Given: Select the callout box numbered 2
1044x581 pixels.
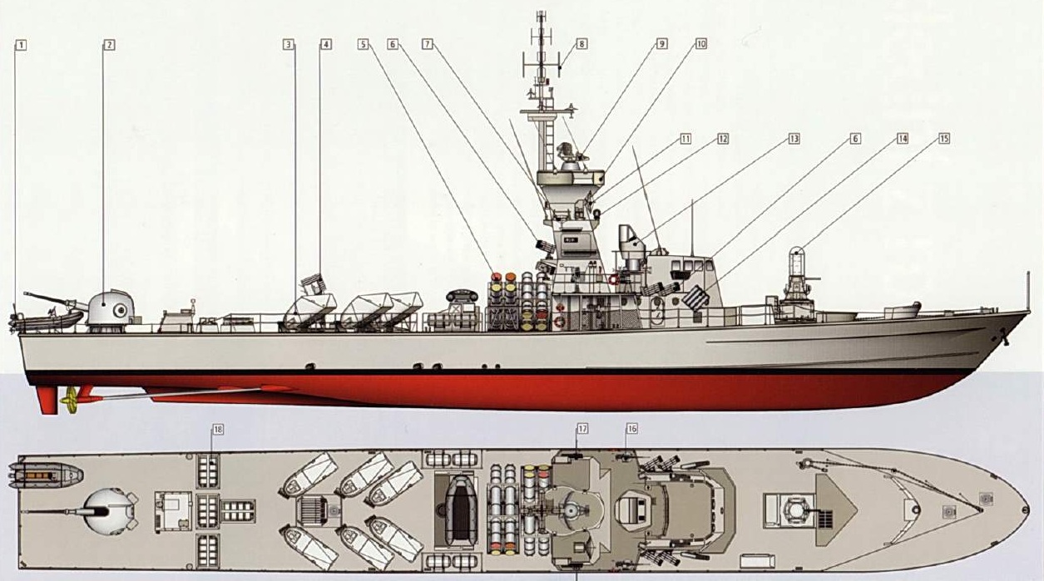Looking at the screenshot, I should coord(109,44).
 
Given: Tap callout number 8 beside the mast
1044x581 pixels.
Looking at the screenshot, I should coord(581,44).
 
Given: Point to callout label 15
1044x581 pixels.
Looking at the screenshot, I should coord(943,139).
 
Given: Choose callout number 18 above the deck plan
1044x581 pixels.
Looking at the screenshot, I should coord(218,430).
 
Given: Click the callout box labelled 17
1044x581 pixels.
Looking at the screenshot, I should coord(582,429).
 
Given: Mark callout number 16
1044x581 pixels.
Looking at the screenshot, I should coord(632,429).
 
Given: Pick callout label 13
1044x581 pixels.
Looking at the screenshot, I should coord(794,139).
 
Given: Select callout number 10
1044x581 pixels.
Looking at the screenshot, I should coord(700,44).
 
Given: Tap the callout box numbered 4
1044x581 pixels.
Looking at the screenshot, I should coord(325,44).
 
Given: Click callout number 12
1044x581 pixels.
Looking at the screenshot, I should coord(723,139).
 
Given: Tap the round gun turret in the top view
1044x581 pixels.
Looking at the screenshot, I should coord(111,507).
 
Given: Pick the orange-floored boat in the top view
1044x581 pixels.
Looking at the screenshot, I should coord(47,475).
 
